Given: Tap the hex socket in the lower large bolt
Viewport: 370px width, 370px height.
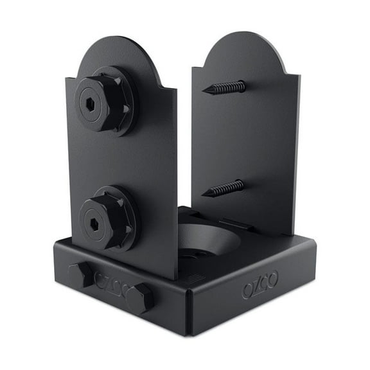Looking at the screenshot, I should point(93,224).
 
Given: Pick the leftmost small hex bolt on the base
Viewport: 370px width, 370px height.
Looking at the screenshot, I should point(80,273).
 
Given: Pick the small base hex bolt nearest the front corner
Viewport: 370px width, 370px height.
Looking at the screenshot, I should point(139,298).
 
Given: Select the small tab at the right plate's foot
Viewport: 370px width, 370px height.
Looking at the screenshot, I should point(234,224).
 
